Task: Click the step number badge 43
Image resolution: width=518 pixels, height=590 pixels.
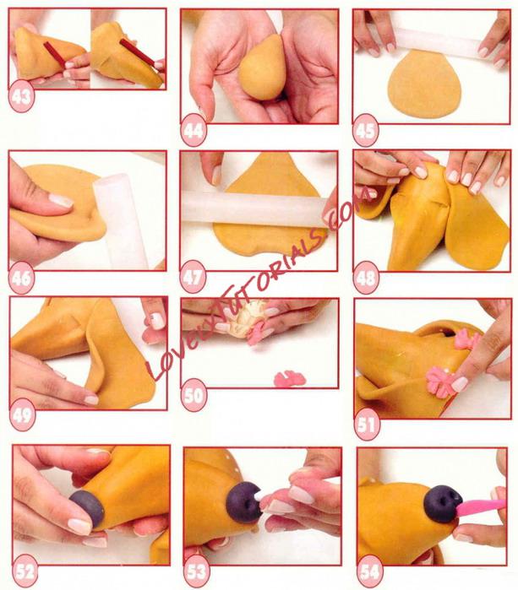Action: tap(21, 97)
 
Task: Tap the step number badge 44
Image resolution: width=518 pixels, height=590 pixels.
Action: tap(194, 130)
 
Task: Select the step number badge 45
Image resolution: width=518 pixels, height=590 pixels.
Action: tap(365, 131)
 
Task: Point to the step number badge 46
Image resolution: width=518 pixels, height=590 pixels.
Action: tap(21, 279)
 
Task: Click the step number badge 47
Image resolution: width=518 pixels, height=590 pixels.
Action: tap(194, 278)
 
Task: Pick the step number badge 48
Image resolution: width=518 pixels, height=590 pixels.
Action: tap(366, 279)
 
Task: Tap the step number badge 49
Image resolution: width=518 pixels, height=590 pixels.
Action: tap(22, 415)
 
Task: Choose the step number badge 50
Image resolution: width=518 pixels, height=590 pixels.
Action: tap(194, 395)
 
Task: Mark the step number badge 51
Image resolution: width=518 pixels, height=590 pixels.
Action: tap(367, 425)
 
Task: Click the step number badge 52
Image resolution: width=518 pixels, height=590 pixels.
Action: tap(25, 572)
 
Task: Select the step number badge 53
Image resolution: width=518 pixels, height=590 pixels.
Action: tap(197, 572)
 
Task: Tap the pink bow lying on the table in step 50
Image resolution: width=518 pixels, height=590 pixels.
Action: tap(290, 379)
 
